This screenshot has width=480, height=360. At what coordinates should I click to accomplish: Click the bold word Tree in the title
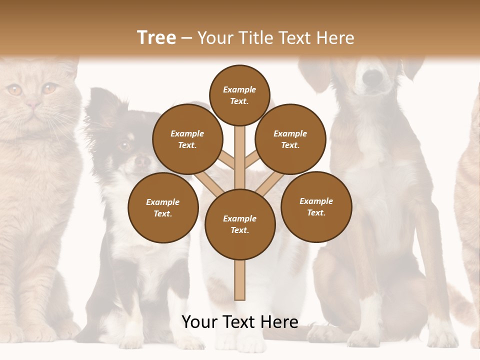point(156,37)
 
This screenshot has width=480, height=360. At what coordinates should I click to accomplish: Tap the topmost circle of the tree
point(239,95)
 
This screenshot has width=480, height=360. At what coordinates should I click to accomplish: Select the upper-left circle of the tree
point(187,139)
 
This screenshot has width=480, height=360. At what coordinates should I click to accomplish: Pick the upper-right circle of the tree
point(290,139)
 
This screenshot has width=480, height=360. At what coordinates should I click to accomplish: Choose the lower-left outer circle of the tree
point(163,207)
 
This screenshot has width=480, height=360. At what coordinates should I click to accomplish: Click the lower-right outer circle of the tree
point(316,206)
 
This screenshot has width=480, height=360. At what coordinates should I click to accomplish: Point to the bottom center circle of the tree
point(240,224)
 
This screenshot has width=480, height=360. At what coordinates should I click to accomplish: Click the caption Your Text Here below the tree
point(240,322)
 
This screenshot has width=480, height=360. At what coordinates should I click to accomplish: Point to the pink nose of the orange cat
point(33,104)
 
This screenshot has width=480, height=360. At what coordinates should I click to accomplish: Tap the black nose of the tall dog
point(372,77)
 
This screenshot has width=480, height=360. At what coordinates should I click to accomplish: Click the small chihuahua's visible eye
point(123,146)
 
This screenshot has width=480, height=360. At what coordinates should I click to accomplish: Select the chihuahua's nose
point(143,161)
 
